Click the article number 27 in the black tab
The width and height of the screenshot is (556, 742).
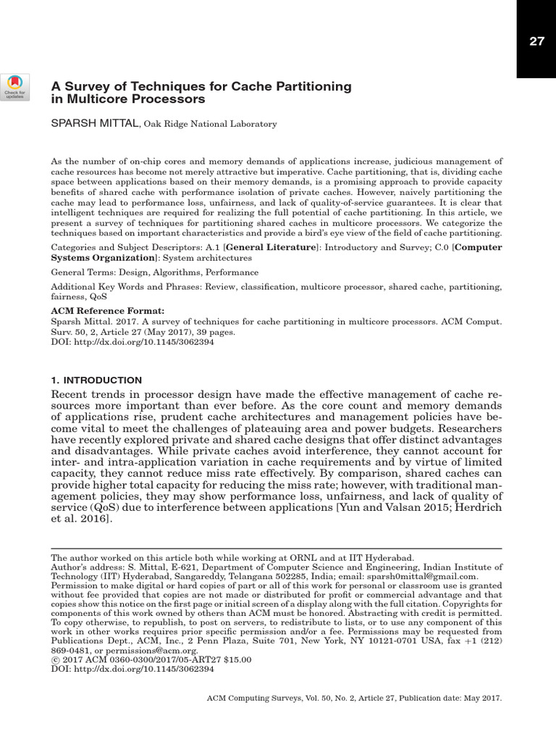(x=536, y=41)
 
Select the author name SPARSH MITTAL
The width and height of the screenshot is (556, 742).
(x=93, y=124)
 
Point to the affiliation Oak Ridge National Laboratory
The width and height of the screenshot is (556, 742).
(x=210, y=125)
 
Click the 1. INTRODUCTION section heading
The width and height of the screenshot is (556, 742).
(x=96, y=380)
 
